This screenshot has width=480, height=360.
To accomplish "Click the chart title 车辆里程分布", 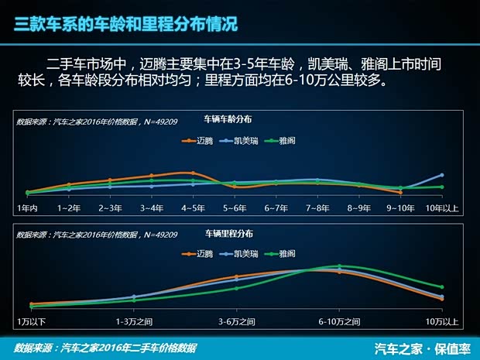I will [228, 233].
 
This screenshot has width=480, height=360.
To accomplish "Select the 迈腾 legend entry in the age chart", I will [204, 141].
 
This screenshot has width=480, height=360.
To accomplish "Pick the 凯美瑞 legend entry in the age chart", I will [242, 141].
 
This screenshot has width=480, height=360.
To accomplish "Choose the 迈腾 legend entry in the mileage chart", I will [204, 253].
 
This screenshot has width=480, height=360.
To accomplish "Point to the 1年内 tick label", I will [27, 208].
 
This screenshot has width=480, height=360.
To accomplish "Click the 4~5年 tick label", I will [193, 208].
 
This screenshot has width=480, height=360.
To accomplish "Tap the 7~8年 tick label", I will [317, 208].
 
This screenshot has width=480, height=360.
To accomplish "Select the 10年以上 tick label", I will [443, 208].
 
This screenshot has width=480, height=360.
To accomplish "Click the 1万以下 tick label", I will [32, 321].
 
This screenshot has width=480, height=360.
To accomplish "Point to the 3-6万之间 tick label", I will [237, 321].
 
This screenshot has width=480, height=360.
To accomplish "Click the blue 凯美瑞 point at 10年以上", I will [441, 175].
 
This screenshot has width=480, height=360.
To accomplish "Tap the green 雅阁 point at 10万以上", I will [441, 287].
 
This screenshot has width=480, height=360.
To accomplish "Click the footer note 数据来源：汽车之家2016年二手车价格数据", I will [105, 348].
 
